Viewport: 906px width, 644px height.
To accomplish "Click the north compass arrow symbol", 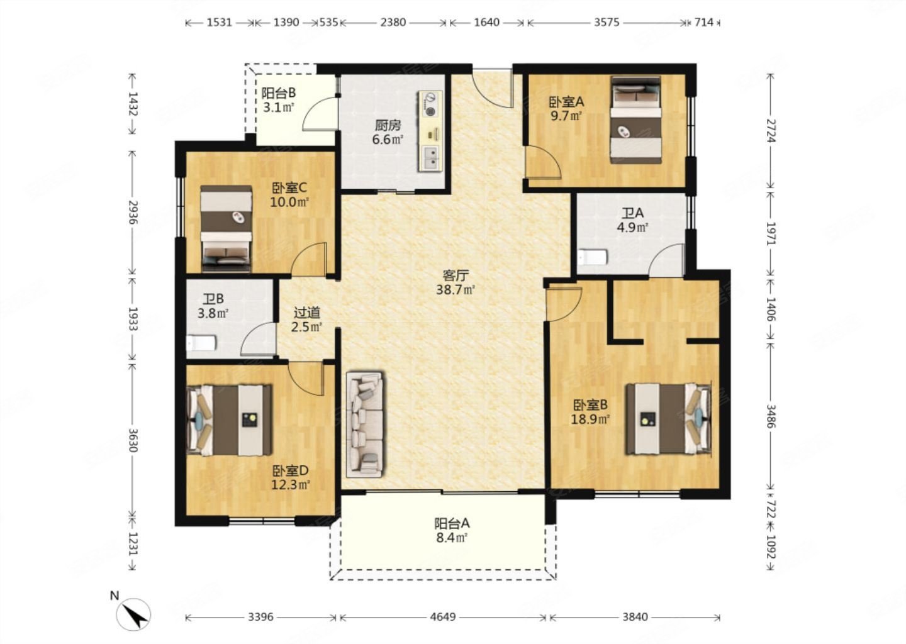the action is point(133,614).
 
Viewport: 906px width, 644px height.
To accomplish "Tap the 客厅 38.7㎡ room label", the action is point(455,282).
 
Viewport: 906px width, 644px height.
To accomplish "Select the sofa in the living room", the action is point(365,425).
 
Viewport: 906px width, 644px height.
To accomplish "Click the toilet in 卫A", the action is point(593,257).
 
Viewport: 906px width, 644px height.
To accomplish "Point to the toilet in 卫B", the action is point(201,343).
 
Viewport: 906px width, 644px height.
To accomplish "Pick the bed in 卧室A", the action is point(636,120).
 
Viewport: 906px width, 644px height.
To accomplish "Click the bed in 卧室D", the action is point(229,420).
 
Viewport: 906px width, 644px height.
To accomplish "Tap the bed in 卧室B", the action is point(669,418).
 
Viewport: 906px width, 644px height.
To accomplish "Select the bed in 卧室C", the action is point(226,228).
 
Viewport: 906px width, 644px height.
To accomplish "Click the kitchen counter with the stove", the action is point(430,131).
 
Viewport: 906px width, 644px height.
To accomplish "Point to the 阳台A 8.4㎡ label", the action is point(452,530).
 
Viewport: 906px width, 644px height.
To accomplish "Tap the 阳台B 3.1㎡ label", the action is point(278,100).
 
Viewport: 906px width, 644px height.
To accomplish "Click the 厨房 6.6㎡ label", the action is point(388,133).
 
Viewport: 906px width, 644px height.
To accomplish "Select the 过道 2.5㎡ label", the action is point(306,319).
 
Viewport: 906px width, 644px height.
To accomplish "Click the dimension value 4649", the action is point(442,617).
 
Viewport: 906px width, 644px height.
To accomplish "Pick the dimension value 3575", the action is point(607,22).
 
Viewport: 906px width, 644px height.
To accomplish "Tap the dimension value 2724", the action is point(771,131).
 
